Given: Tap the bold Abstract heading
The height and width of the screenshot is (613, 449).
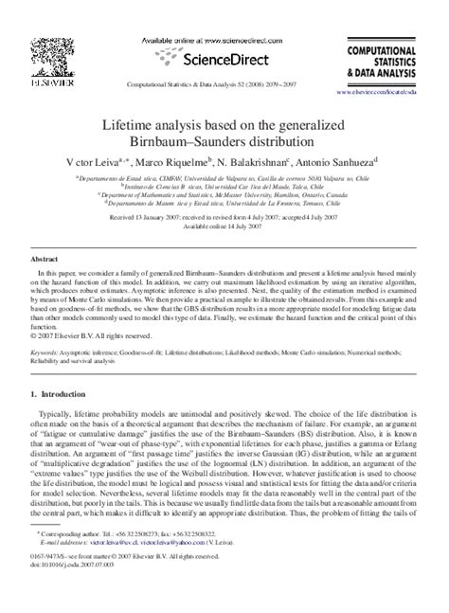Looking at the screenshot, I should (45, 259).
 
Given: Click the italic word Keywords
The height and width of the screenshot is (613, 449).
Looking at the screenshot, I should (47, 350).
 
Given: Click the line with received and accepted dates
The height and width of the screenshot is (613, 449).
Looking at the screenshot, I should (224, 217).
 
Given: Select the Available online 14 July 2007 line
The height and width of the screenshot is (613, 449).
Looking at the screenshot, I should (224, 225).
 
